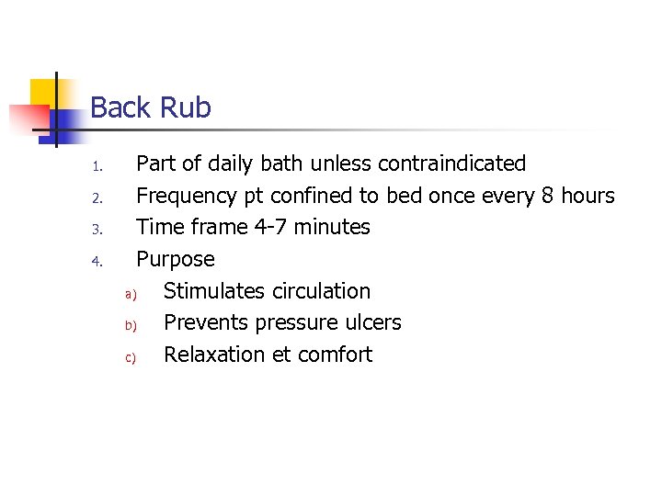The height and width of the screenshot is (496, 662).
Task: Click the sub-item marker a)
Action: pyautogui.click(x=130, y=294)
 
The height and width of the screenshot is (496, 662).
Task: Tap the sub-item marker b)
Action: pyautogui.click(x=130, y=325)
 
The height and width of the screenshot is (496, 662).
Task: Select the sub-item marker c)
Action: pyautogui.click(x=130, y=357)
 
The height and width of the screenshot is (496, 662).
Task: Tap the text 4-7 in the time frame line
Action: pyautogui.click(x=274, y=227)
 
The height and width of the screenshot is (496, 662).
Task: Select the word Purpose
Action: pyautogui.click(x=175, y=260)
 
